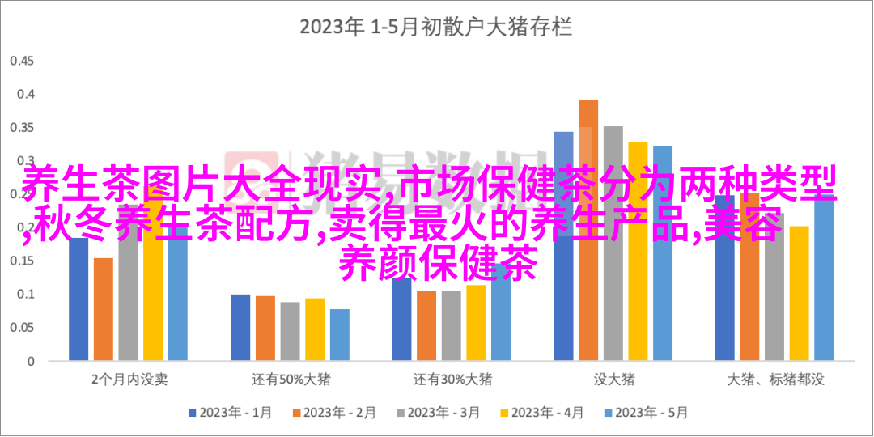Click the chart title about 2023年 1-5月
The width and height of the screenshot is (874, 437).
point(436,28)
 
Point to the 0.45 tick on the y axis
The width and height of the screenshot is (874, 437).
point(23,62)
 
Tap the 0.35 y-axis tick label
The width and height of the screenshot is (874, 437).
point(23,128)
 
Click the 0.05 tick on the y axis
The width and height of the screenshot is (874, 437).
point(23,328)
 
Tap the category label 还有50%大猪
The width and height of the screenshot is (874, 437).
point(290,379)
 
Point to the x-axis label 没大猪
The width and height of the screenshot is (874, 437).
point(613,379)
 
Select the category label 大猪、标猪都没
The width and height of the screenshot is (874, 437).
point(775,379)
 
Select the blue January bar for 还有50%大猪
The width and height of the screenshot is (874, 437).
point(240,327)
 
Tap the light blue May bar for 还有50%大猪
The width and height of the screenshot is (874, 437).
point(340,334)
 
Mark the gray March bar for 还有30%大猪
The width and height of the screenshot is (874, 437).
point(452,325)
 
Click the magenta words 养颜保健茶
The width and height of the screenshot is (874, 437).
point(437,265)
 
